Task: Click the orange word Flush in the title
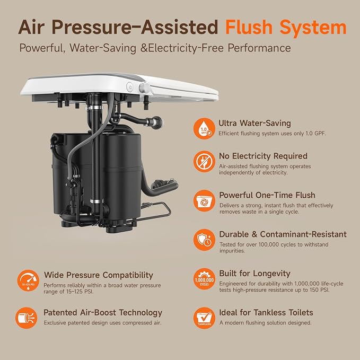coord(249,27)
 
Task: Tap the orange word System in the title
coord(313,28)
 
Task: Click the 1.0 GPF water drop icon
coord(204,128)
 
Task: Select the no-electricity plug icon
coord(204,161)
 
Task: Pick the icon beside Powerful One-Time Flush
coord(204,200)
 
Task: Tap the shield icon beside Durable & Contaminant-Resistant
coord(204,240)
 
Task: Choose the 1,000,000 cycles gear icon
coord(204,279)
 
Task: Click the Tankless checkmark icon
coord(204,318)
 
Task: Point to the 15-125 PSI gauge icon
coord(28,280)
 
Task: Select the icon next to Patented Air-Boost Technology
coord(27,318)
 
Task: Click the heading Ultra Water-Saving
coord(254,124)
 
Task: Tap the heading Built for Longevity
coord(254,274)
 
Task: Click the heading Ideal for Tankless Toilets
coord(266,312)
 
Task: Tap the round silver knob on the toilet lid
coord(144,88)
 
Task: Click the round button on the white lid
coord(130,87)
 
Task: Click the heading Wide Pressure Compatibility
coord(99,275)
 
